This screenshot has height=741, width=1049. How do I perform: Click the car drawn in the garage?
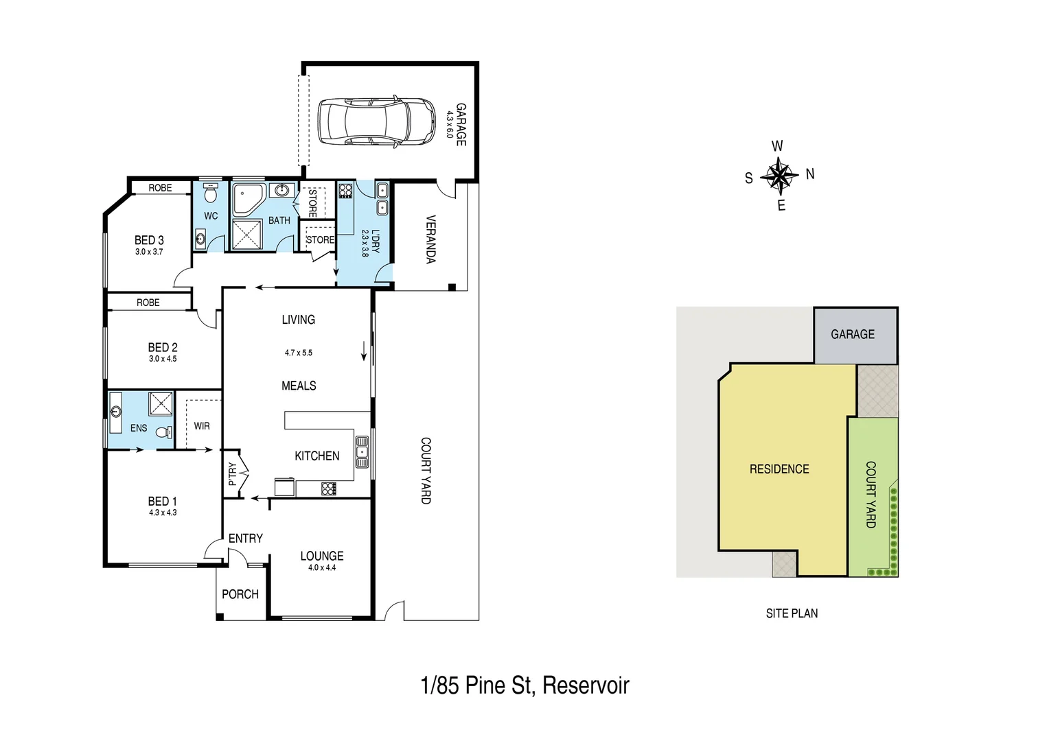pos(376,121)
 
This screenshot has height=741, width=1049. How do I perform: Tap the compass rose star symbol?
pos(779,176)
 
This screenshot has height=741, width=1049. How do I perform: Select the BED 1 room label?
pos(163,502)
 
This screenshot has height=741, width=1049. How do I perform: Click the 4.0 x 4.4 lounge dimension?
pos(322,568)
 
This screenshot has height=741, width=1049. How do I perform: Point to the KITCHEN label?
pos(316,456)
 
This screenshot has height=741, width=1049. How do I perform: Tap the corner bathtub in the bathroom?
pos(248,199)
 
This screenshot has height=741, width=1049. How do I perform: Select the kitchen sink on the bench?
pos(362,451)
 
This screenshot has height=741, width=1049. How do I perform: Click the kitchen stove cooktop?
pos(329,489)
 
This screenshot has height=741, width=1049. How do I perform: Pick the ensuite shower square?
pos(161,403)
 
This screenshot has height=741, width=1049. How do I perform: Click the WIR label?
pos(202,426)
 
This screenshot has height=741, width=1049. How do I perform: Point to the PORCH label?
pos(240,594)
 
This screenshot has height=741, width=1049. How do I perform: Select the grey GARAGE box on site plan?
pos(855,335)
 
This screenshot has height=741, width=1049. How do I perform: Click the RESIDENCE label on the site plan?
pos(779,469)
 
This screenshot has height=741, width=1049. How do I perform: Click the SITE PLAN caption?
pos(792,613)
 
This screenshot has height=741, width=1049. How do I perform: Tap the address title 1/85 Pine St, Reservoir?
pos(524,685)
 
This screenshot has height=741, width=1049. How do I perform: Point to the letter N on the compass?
pos(810,174)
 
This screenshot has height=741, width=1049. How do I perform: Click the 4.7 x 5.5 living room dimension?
pos(299,353)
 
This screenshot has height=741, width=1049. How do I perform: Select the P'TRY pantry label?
pos(232,473)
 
